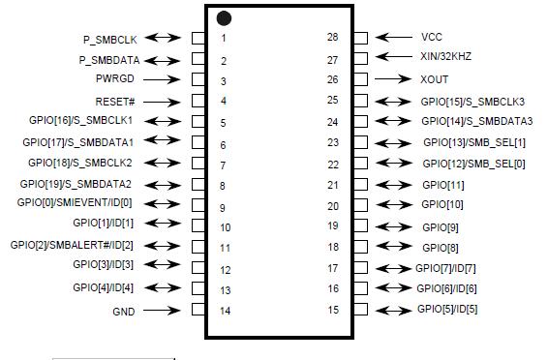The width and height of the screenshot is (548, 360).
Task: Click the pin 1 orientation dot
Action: pyautogui.click(x=224, y=18)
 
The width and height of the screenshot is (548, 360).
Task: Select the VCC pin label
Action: pyautogui.click(x=432, y=37)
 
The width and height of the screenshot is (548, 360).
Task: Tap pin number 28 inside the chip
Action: pyautogui.click(x=332, y=37)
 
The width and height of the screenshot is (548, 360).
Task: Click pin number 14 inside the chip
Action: pyautogui.click(x=225, y=312)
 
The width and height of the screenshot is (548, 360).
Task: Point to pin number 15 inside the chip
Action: pyautogui.click(x=332, y=310)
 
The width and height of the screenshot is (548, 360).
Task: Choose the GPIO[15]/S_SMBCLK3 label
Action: pyautogui.click(x=472, y=101)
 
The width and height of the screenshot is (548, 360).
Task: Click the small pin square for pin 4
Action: pyautogui.click(x=198, y=101)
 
